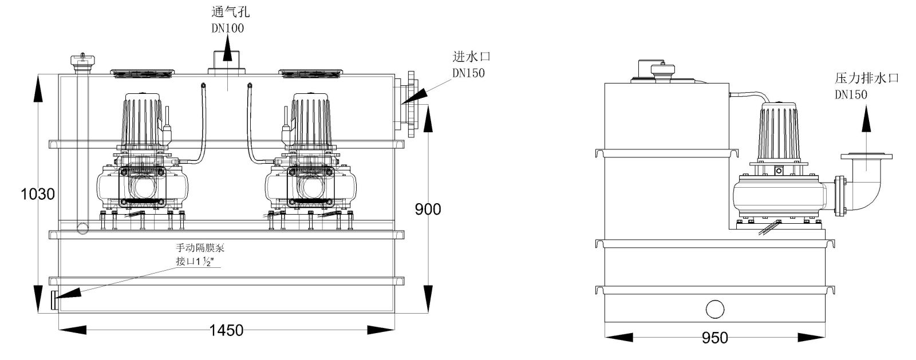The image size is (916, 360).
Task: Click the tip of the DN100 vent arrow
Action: click(x=227, y=34)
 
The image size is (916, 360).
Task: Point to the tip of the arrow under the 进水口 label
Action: click(x=402, y=103)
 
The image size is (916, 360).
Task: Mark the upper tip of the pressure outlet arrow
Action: click(x=866, y=105)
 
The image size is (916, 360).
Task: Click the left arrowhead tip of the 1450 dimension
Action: click(x=59, y=330)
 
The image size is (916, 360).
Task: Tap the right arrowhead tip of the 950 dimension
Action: click(x=825, y=337)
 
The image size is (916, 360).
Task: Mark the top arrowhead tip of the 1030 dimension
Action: click(x=38, y=74)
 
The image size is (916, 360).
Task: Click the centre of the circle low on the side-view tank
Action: click(x=715, y=309)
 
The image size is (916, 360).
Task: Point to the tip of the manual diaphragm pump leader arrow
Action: click(x=56, y=298)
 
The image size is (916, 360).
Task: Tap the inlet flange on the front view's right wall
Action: click(x=411, y=105)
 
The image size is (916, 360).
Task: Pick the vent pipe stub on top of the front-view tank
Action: click(x=227, y=62)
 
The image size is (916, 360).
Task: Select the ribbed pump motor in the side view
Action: click(x=779, y=132)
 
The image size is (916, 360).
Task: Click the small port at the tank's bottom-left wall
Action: click(x=54, y=300)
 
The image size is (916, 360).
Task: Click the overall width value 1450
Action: click(x=226, y=330)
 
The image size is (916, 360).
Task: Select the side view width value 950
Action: click(x=715, y=338)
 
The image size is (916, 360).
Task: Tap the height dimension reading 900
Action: click(x=428, y=209)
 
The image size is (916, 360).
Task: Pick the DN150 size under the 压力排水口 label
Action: click(x=851, y=95)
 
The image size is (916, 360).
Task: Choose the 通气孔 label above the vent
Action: click(x=230, y=12)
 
